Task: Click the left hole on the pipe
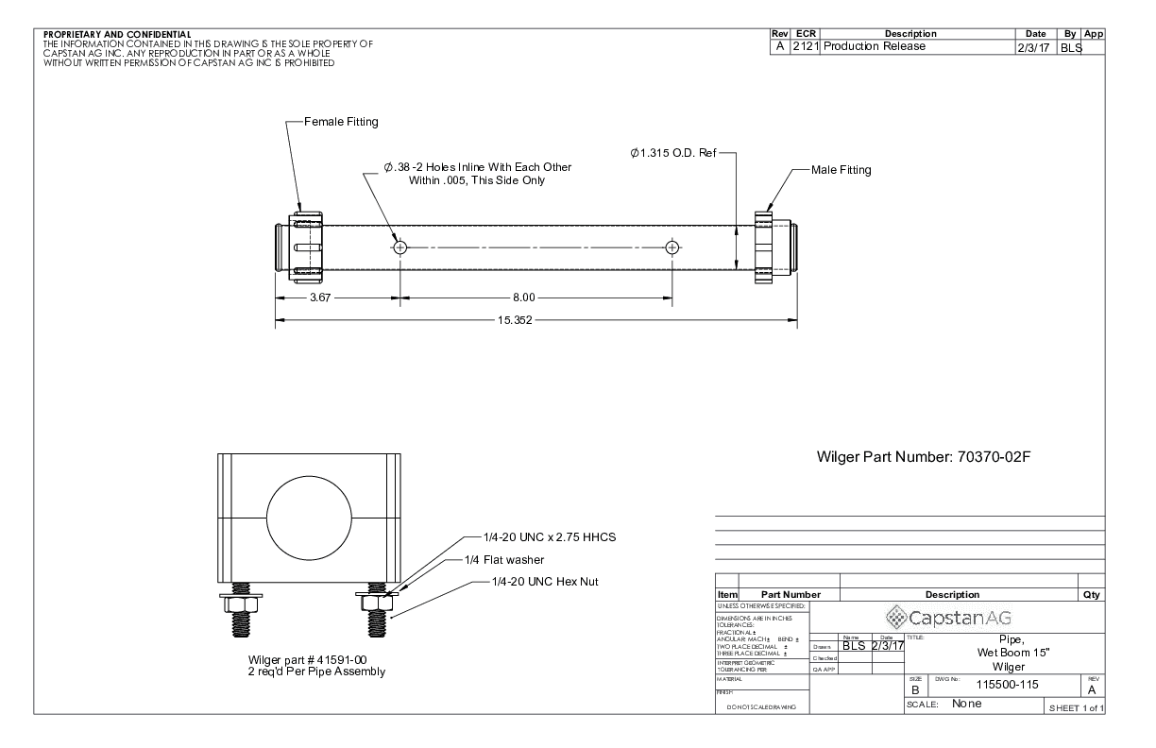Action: (x=400, y=247)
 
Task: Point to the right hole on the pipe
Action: (x=671, y=247)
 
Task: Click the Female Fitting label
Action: (x=341, y=122)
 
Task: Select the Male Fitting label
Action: (x=841, y=170)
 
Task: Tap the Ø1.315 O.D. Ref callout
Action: (x=673, y=152)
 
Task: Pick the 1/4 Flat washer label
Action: (x=505, y=559)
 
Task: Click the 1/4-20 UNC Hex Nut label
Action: (x=545, y=581)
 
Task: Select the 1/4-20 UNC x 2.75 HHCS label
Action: (x=539, y=536)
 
